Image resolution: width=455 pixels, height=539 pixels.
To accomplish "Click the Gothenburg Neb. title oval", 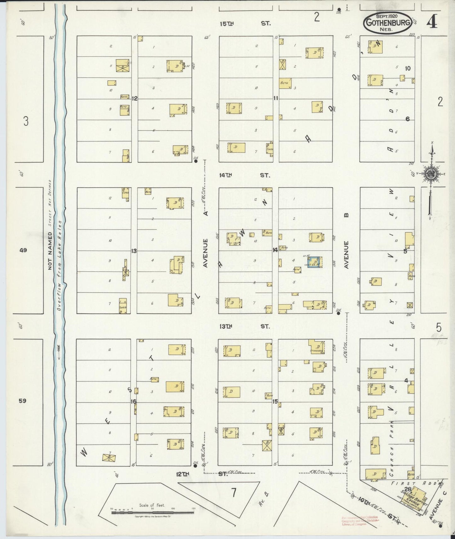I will [x=388, y=23].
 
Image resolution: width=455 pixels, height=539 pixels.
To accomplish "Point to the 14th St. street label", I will [x=245, y=175].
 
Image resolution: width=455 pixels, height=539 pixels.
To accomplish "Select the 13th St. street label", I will [x=245, y=326].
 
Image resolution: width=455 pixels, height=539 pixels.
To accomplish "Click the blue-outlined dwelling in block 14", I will [x=315, y=262].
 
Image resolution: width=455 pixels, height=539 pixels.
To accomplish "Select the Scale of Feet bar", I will [x=153, y=512].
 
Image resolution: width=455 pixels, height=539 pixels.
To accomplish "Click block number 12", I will [x=134, y=98].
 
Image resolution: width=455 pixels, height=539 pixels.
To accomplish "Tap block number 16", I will [x=134, y=402].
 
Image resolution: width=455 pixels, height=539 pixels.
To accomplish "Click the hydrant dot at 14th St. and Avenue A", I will [x=196, y=161].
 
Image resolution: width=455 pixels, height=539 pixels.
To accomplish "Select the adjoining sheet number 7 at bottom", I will [x=233, y=492].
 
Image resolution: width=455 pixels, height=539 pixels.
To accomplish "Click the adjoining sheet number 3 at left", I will [x=26, y=121].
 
